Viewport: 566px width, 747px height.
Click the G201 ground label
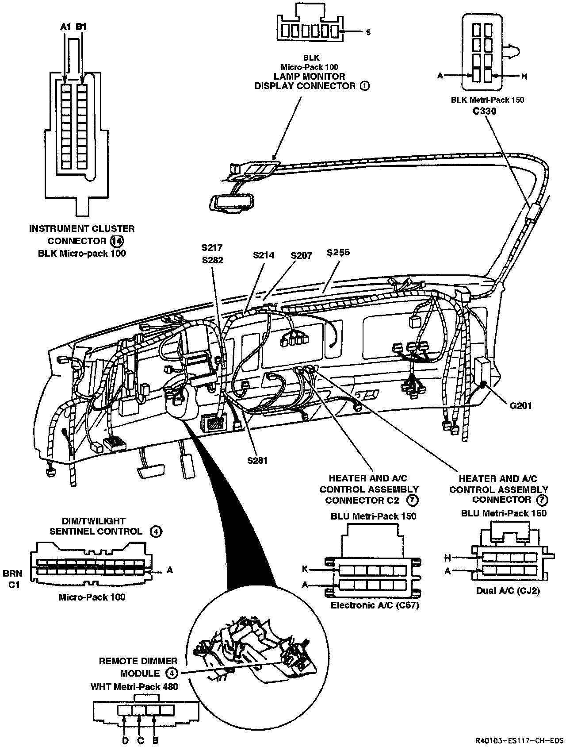pyautogui.click(x=520, y=405)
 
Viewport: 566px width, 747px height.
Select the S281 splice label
pyautogui.click(x=257, y=460)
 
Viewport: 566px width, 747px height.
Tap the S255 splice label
pyautogui.click(x=338, y=253)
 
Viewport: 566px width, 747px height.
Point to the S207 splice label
pyautogui.click(x=302, y=255)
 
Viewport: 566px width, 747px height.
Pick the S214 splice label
pyautogui.click(x=264, y=255)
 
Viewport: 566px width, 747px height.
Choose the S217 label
pyautogui.click(x=212, y=248)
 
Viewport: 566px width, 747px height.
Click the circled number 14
pyautogui.click(x=116, y=241)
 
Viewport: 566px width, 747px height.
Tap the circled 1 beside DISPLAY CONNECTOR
pyautogui.click(x=364, y=86)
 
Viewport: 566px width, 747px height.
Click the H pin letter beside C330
pyautogui.click(x=524, y=76)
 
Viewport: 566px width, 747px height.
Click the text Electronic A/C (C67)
pyautogui.click(x=375, y=605)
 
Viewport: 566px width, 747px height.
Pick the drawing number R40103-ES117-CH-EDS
pyautogui.click(x=519, y=740)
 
